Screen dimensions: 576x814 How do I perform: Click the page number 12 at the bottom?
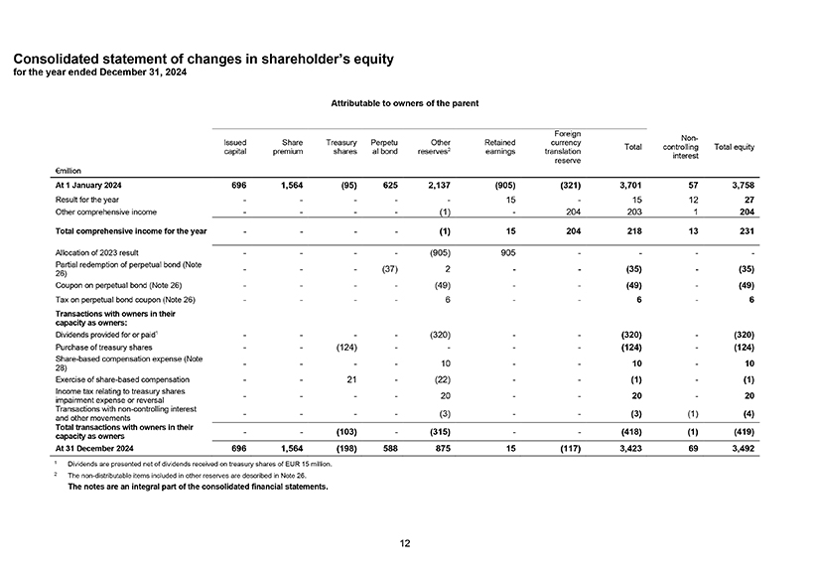(405, 542)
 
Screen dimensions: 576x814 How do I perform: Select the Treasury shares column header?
(341, 148)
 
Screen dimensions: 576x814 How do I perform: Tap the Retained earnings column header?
(499, 148)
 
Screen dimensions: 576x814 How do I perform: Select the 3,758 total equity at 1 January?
(741, 186)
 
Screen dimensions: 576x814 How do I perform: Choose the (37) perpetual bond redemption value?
(389, 269)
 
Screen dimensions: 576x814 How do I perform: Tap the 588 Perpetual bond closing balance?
(388, 448)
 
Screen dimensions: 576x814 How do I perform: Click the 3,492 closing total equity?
(741, 448)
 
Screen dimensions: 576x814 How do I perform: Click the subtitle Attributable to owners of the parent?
(405, 103)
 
